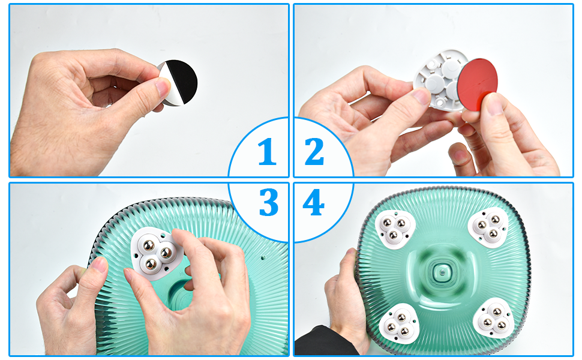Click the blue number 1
pyautogui.click(x=267, y=151)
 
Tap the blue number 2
pyautogui.click(x=314, y=151)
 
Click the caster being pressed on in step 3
pyautogui.click(x=156, y=253)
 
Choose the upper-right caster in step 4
pyautogui.click(x=488, y=227)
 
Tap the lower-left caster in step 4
pyautogui.click(x=398, y=323)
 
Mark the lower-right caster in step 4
pyautogui.click(x=493, y=317)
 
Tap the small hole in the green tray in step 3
pyautogui.click(x=263, y=257)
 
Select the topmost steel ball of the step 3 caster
pyautogui.click(x=149, y=245)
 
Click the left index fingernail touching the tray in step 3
pyautogui.click(x=99, y=265)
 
